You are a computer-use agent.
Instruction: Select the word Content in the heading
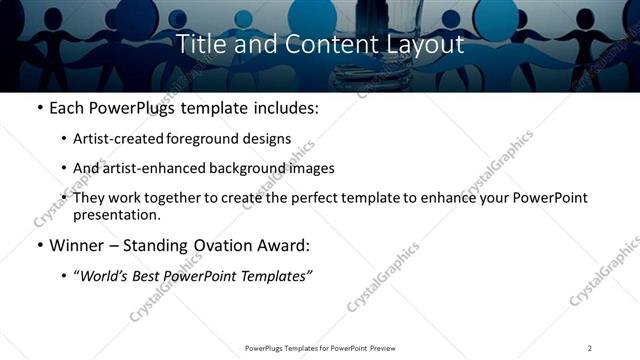pos(319,44)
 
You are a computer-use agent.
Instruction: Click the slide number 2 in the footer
pos(590,348)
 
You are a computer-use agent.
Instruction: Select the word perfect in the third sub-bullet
pos(309,198)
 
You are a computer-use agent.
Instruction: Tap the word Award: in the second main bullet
pos(285,246)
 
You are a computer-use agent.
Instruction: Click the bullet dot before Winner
pos(39,246)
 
